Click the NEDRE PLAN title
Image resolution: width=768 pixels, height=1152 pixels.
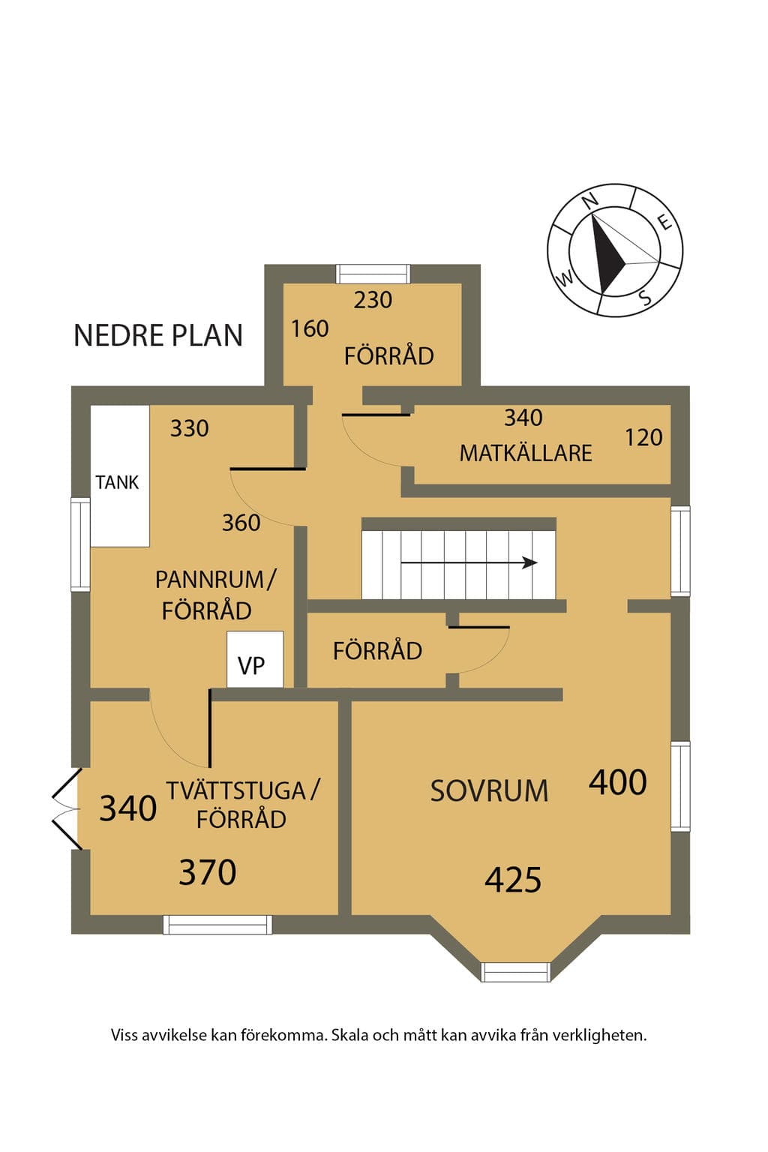158,335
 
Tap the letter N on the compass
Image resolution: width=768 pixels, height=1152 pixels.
591,199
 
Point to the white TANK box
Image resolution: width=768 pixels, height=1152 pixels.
120,475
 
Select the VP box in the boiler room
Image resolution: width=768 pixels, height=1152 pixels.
255,658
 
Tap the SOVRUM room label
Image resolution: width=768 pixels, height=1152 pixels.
489,791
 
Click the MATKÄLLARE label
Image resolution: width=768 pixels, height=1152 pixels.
526,453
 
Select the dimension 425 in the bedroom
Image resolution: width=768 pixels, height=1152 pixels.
513,880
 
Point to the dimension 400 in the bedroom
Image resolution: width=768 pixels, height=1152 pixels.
618,783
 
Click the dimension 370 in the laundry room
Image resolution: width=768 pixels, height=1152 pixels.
207,872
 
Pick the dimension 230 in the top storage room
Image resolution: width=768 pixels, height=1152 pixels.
373,300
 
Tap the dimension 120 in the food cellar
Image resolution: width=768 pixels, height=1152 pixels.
643,438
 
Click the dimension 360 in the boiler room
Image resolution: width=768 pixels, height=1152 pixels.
241,523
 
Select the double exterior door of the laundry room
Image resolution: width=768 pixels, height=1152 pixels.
67,809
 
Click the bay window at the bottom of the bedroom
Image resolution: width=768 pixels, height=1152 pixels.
516,971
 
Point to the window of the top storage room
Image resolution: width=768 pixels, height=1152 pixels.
373,274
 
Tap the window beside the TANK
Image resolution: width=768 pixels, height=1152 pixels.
81,544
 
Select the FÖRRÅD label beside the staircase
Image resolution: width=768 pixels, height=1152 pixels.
377,651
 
